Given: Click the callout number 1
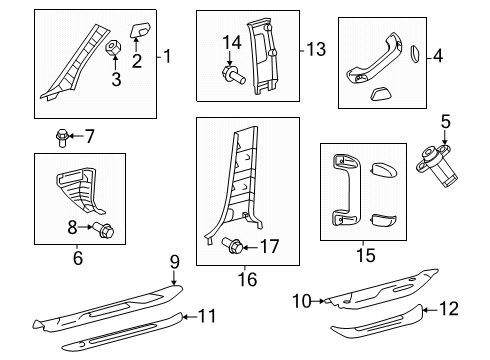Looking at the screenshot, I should point(168,56).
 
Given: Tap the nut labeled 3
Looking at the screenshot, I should point(114,47).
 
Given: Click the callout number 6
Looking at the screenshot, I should point(77,259).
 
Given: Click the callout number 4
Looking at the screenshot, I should point(436,58).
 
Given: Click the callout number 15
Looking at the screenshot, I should point(365,255).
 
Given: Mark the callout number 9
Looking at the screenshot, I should point(174,262).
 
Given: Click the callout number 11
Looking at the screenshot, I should point(206,316).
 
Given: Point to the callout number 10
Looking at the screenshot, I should point(300,299).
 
